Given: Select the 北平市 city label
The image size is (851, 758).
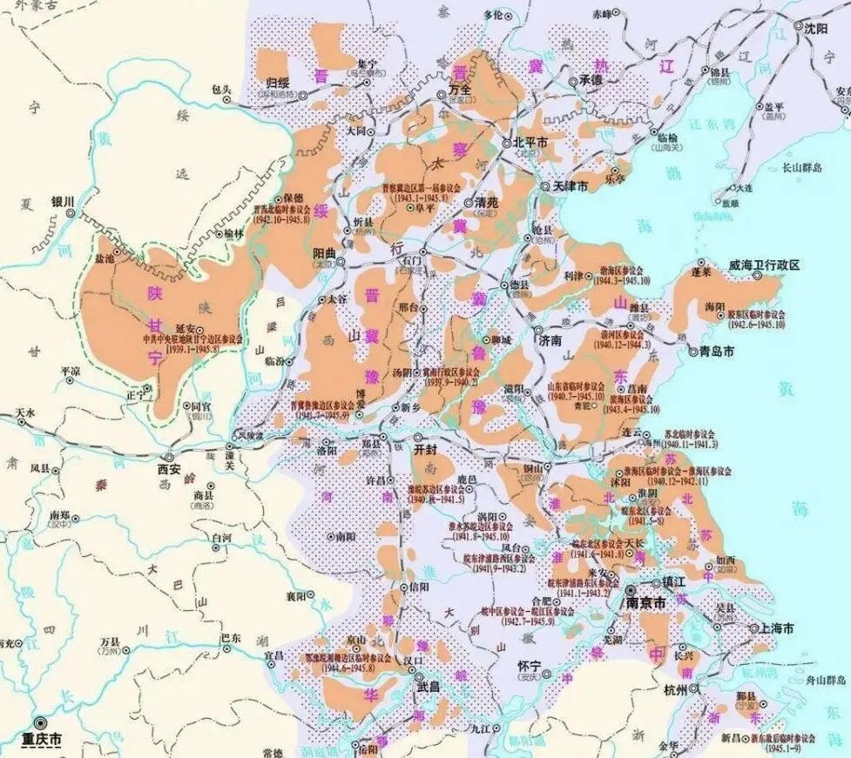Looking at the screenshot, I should [530, 141].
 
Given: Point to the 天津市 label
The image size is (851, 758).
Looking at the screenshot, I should [571, 187].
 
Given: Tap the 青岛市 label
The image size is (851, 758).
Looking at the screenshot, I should [711, 352].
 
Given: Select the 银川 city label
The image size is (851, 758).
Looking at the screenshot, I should [64, 199].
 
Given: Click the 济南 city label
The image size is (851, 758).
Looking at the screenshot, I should [552, 340].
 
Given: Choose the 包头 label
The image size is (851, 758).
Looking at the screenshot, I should [221, 89].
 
